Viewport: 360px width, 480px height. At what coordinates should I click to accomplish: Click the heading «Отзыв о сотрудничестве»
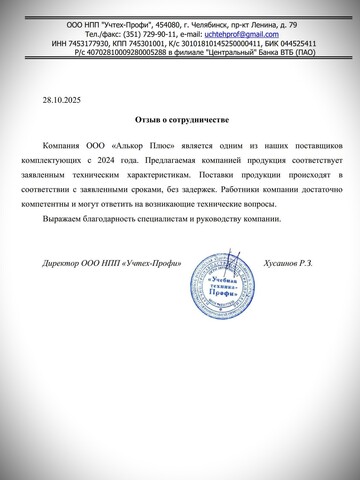pos(180,117)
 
